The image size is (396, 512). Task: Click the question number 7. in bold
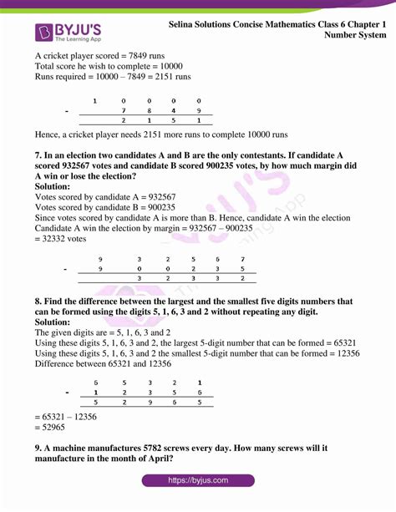40,155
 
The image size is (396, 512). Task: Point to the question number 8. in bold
40,301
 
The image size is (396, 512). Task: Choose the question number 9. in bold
40,448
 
